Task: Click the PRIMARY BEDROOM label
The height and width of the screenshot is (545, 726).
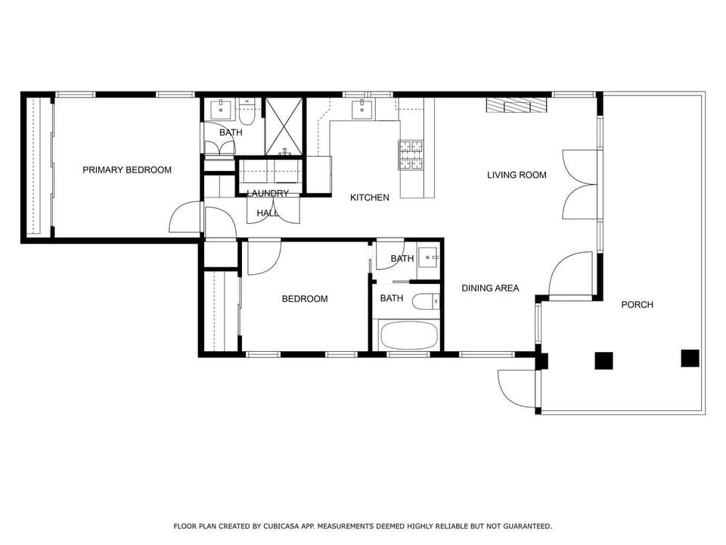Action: coord(127,170)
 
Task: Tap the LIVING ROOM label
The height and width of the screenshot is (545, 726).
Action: coord(517,175)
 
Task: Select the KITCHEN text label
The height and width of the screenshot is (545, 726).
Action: coord(370,198)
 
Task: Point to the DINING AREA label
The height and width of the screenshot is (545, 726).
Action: coord(490,288)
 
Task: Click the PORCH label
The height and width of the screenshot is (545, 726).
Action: coord(637,304)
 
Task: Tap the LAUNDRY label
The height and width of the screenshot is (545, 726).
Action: coord(268,193)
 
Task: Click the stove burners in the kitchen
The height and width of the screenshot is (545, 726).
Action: coord(411,154)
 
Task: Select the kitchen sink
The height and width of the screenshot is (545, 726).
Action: coord(361,109)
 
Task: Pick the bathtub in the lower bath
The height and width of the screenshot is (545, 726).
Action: coord(408,335)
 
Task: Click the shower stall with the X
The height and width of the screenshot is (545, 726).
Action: coord(284,126)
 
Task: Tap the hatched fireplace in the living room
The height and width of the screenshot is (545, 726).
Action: coord(517,105)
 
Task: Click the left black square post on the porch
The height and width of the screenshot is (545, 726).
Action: coord(603,361)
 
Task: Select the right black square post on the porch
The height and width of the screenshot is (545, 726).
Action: coord(690,358)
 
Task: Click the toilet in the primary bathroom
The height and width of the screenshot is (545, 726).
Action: coord(247,112)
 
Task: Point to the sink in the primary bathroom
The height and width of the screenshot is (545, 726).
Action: coord(221,109)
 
